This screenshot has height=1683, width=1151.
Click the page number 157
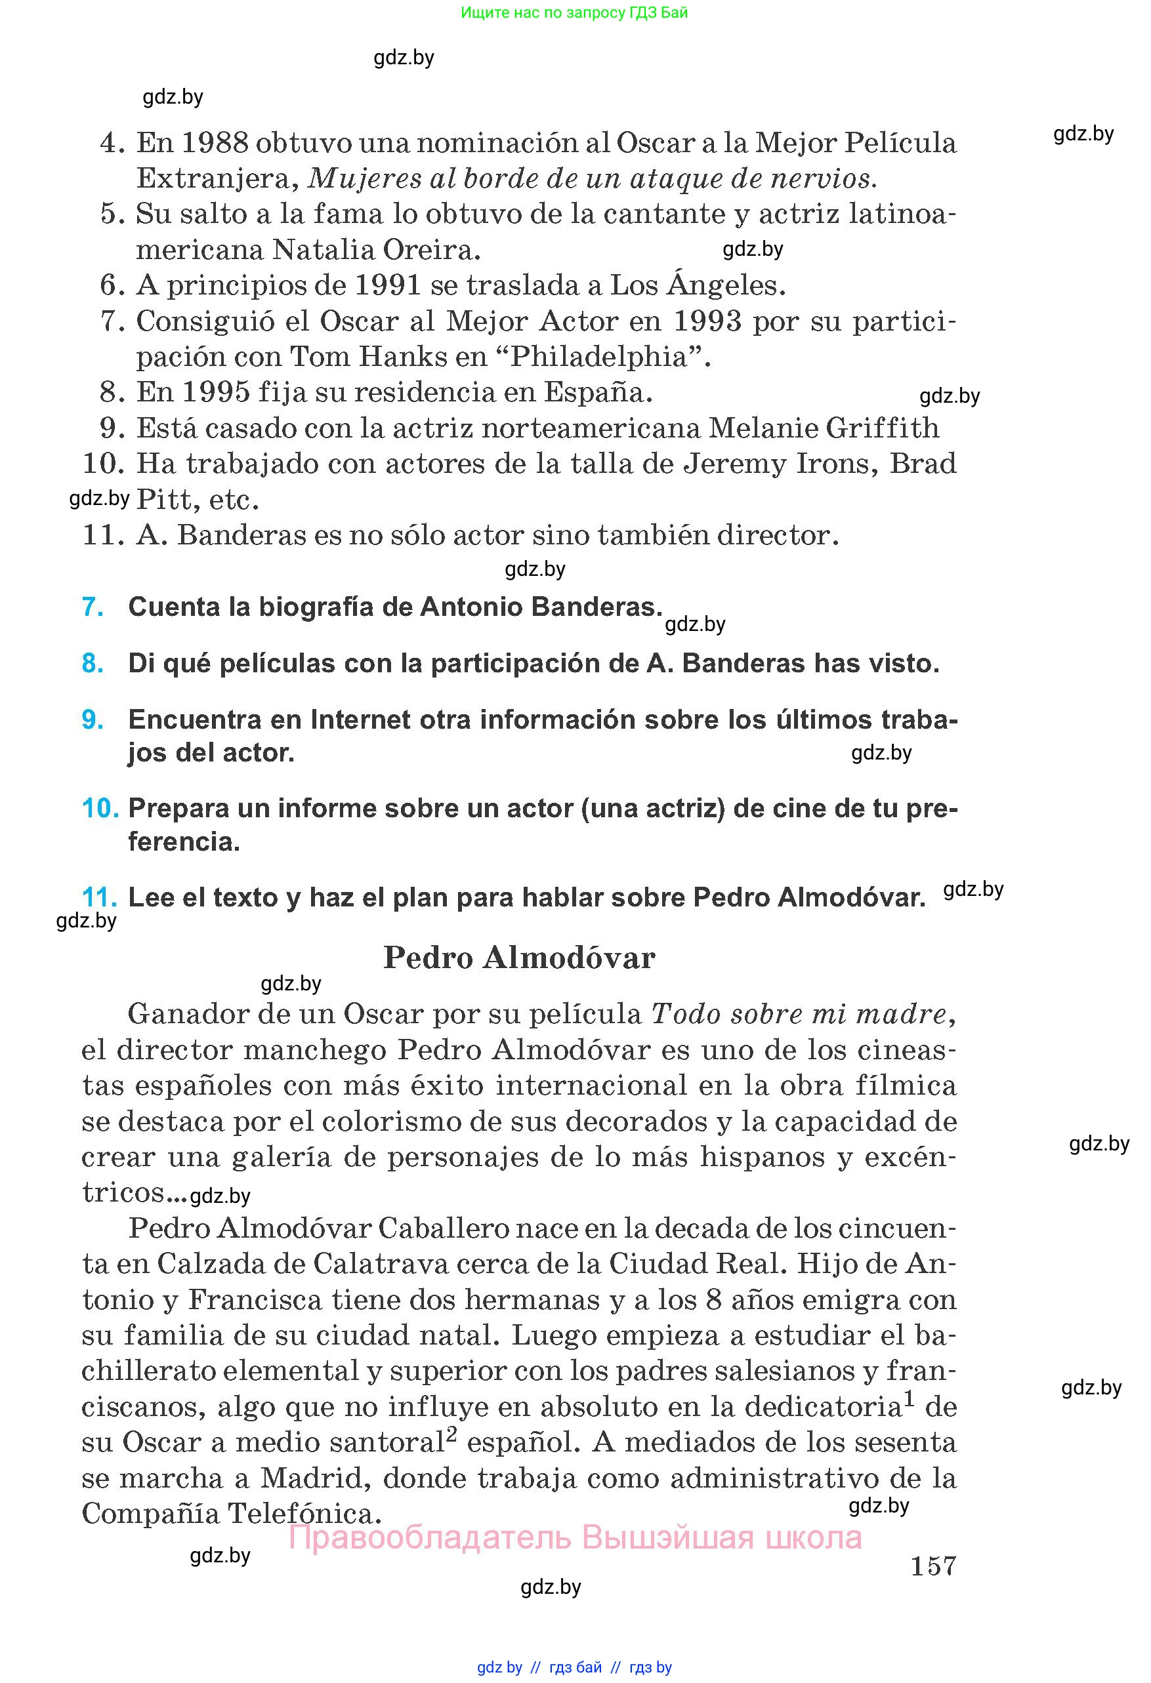click(933, 1566)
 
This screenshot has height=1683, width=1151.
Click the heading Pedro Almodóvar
click(518, 958)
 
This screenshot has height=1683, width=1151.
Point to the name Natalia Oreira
click(377, 250)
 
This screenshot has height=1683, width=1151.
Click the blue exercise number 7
click(93, 607)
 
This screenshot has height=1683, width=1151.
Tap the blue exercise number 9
click(93, 720)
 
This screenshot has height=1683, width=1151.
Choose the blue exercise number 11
click(99, 898)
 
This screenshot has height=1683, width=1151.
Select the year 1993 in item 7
click(707, 321)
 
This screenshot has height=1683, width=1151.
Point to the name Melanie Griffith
click(824, 428)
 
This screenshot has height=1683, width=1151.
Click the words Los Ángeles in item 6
click(698, 285)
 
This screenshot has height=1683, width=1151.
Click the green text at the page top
click(574, 12)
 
